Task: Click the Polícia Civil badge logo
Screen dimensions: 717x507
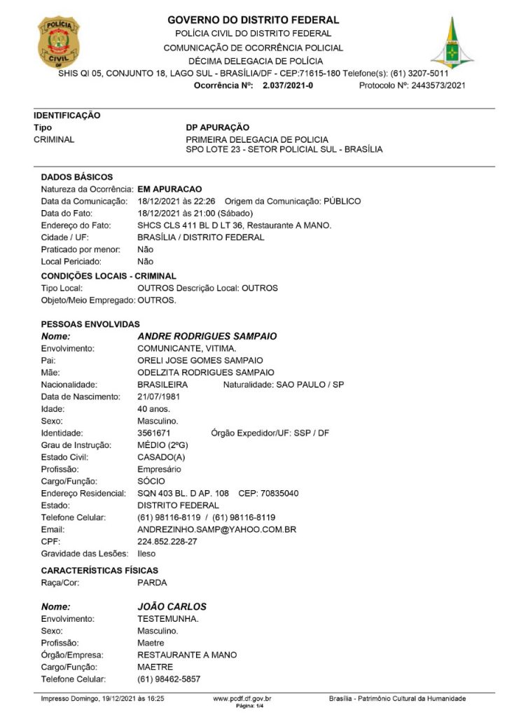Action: pos(58,41)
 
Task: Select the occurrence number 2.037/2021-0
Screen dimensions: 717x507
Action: pos(288,85)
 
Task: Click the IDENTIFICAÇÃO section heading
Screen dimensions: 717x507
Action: pos(67,116)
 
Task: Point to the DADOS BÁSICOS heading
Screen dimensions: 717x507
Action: pos(77,177)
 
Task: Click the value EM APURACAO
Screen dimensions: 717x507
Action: pos(170,189)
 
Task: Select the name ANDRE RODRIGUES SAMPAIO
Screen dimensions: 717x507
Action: pos(207,336)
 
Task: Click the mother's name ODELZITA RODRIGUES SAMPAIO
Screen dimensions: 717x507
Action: pos(206,372)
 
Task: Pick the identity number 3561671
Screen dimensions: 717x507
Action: pos(154,433)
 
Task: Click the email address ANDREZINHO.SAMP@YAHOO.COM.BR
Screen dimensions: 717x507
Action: pos(217,530)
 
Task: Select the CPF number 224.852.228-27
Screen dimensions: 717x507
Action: pos(167,542)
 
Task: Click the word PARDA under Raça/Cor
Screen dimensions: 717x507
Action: pos(153,582)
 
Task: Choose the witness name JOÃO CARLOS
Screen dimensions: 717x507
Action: pos(172,606)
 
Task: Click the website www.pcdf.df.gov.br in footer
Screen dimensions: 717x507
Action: pos(242,698)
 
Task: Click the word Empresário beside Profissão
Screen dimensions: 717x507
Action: pos(159,469)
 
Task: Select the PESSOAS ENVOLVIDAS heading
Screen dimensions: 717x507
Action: pos(90,324)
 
